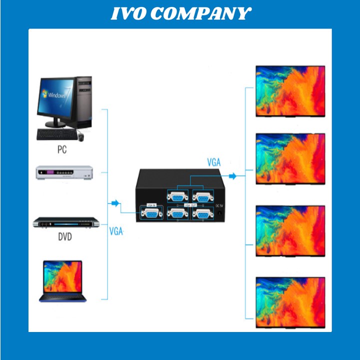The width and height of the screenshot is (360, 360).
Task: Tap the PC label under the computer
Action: pyautogui.click(x=62, y=149)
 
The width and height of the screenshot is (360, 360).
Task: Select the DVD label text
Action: pyautogui.click(x=63, y=236)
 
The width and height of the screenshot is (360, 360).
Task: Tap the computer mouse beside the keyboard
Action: pyautogui.click(x=80, y=135)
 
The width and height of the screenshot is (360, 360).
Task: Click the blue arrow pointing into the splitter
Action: pyautogui.click(x=115, y=203)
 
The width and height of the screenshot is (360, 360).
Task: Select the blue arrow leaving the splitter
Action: pyautogui.click(x=232, y=176)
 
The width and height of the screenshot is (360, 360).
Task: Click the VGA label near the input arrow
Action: pyautogui.click(x=116, y=231)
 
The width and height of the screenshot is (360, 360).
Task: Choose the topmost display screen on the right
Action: pyautogui.click(x=290, y=91)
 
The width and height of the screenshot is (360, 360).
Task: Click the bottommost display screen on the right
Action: pyautogui.click(x=290, y=301)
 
